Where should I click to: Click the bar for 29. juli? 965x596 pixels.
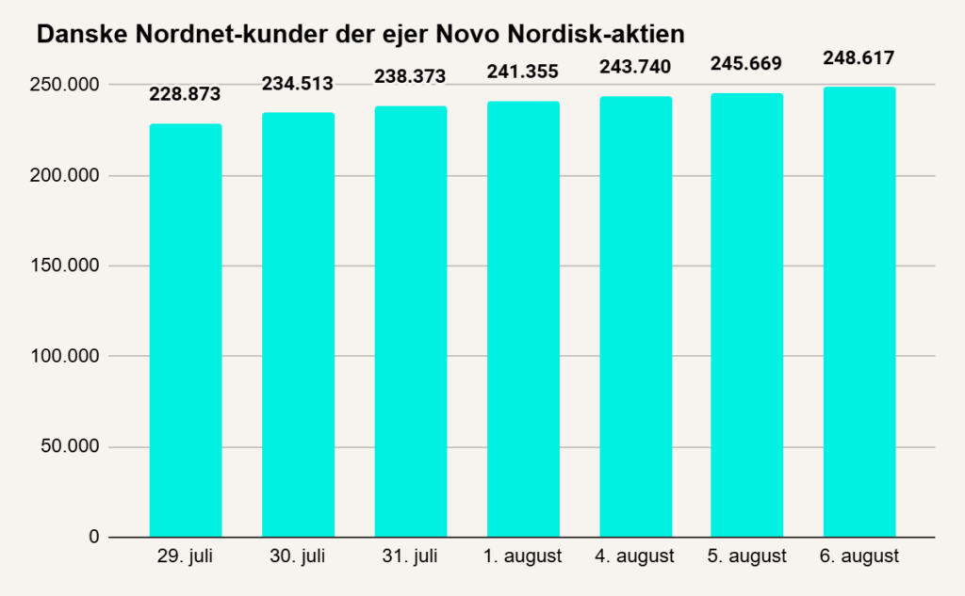tap(186, 330)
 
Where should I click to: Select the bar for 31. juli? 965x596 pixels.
tap(411, 322)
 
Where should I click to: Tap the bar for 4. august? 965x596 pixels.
tap(636, 316)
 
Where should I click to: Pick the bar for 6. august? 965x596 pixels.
tap(859, 312)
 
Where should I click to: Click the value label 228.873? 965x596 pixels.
tap(185, 94)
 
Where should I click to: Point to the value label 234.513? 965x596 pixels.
tap(297, 84)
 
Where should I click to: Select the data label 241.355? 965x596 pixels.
tap(522, 72)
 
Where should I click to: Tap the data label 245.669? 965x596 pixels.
tap(746, 64)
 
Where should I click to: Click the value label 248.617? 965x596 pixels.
tap(859, 58)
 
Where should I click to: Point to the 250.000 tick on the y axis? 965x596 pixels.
tap(65, 85)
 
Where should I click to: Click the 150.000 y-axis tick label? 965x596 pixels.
tap(65, 266)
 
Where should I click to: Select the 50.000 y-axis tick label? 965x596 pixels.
tap(70, 446)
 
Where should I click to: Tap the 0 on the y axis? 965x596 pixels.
tap(93, 537)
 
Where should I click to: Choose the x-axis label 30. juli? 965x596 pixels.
tap(297, 556)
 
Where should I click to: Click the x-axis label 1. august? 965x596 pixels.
tap(522, 556)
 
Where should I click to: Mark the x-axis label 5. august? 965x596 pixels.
tap(746, 556)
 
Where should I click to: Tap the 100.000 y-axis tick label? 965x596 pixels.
tap(65, 356)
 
